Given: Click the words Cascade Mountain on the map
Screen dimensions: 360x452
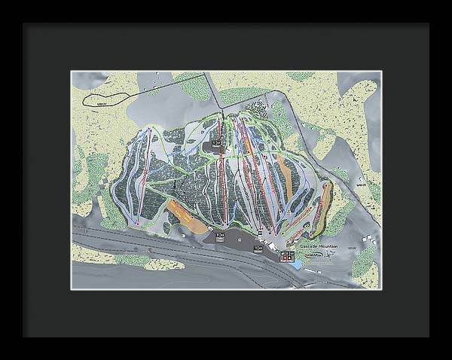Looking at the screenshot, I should click(317, 246).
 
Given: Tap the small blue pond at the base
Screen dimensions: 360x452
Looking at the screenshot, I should click(302, 265).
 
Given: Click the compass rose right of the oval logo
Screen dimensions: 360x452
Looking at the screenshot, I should click(331, 257).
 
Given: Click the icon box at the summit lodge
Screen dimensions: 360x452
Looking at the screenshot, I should click(217, 142).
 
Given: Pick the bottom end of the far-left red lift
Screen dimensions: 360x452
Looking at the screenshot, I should click(138, 224).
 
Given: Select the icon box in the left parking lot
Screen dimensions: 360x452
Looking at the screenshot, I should click(221, 236).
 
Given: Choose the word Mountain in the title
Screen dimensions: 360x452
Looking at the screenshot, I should click(328, 246).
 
